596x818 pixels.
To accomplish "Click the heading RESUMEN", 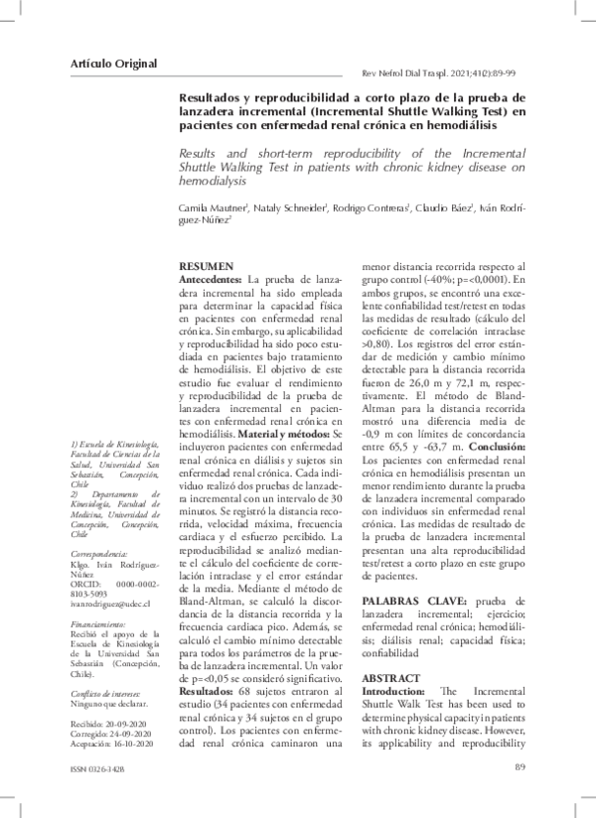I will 205,268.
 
